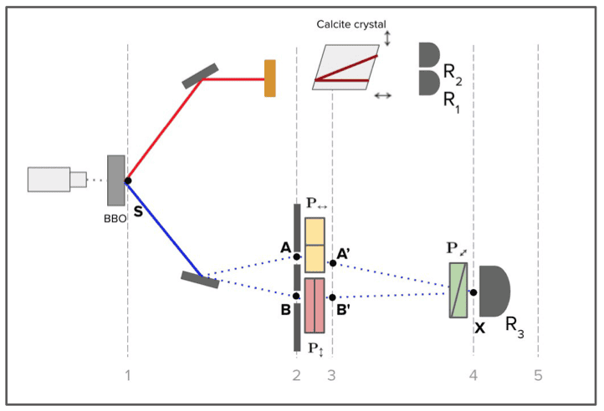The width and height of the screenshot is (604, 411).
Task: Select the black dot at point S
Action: click(127, 180)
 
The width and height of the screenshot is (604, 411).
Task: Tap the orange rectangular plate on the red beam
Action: click(269, 79)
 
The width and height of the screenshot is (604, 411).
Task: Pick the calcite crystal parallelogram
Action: click(345, 68)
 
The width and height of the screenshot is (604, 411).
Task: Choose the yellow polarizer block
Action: click(315, 245)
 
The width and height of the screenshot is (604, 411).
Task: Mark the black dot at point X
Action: click(473, 292)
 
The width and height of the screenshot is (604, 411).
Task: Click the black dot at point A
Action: click(297, 257)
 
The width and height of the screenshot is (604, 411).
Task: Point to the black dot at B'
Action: click(332, 297)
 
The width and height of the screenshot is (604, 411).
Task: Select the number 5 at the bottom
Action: click(538, 375)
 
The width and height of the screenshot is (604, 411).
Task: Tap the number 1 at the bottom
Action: click(128, 375)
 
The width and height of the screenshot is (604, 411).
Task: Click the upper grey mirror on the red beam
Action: click(201, 75)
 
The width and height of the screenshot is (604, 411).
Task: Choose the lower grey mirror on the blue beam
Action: click(201, 279)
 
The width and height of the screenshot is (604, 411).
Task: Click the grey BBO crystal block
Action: click(115, 180)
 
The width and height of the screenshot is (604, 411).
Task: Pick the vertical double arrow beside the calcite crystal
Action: click(387, 38)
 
